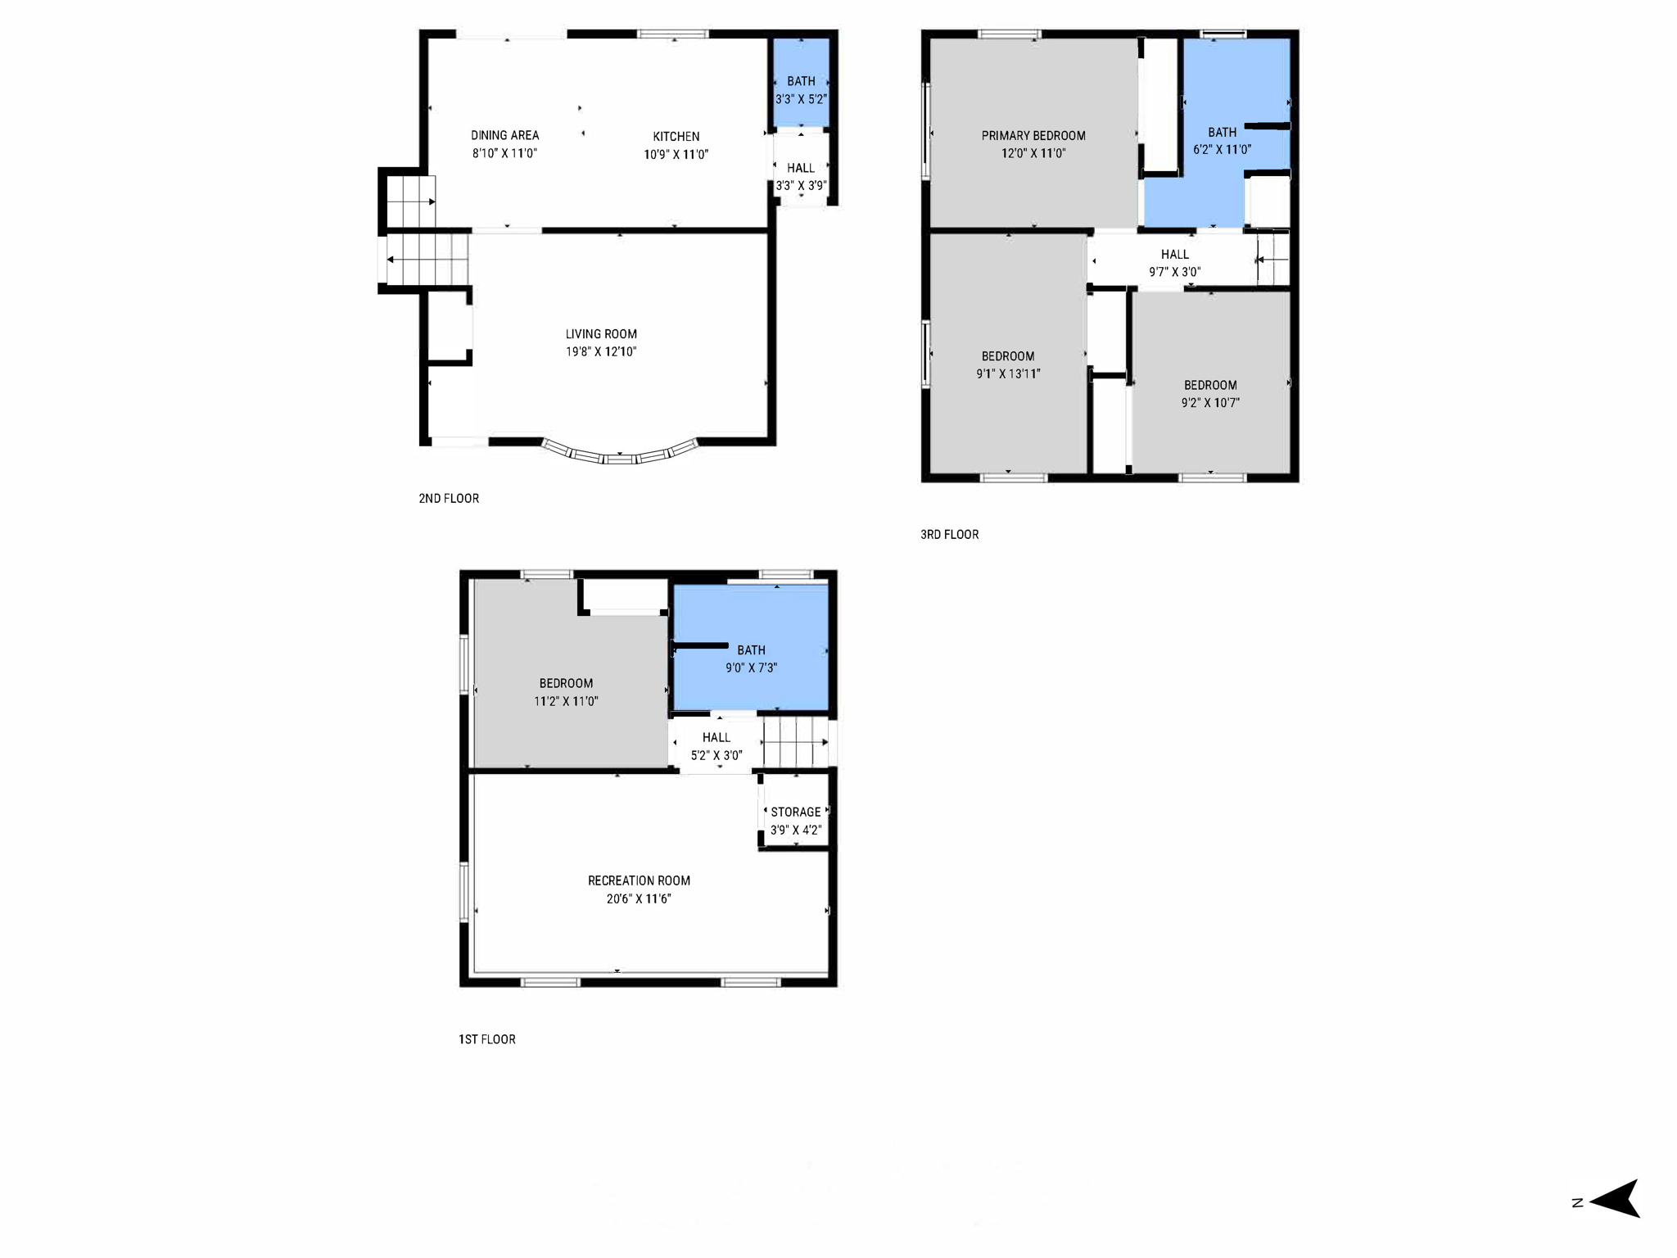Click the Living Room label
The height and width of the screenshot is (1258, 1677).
coord(601,334)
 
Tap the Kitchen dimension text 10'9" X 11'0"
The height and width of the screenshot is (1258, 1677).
coord(676,154)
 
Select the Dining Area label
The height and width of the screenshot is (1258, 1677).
coord(504,135)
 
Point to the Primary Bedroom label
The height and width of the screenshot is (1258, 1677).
coord(1033,136)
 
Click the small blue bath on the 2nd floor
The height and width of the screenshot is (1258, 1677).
coord(801,82)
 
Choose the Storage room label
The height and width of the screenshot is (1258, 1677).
coord(795,812)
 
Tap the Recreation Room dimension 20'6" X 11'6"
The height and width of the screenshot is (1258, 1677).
coord(639,898)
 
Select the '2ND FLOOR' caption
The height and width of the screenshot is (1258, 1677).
coord(449,498)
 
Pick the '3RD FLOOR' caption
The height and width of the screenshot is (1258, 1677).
coord(949,534)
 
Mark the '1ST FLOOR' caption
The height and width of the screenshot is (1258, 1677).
coord(486,1039)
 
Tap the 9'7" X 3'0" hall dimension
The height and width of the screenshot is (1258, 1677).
coord(1174,272)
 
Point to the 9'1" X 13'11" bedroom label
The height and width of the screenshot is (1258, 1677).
coord(1008,373)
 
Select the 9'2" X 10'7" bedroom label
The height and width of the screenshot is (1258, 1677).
coord(1209,402)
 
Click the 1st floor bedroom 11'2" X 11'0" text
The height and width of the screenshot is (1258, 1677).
coord(566,701)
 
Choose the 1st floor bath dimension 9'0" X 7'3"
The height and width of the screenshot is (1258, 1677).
coord(751,667)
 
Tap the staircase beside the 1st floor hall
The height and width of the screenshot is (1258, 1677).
coord(796,742)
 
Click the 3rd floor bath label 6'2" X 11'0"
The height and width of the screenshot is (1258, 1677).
coord(1222,149)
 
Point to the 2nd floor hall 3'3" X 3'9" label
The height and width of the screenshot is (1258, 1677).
coord(801,186)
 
